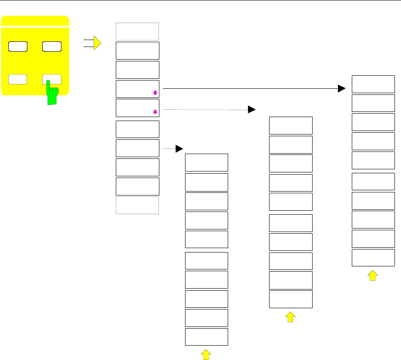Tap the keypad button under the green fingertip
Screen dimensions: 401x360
point(52,80)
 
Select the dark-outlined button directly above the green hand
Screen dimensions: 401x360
point(52,46)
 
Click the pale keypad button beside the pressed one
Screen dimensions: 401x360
point(18,80)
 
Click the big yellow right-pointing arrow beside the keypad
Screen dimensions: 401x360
point(97,43)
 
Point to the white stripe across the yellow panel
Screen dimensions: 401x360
point(35,27)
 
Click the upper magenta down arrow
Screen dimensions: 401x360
point(155,92)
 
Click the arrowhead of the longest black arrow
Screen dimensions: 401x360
point(342,89)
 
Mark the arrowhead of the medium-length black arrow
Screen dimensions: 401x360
point(252,109)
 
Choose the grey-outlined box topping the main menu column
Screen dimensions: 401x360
point(137,32)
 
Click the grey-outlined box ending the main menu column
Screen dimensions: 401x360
point(137,205)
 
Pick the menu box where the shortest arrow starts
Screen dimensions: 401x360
point(137,148)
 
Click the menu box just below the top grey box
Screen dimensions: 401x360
point(137,50)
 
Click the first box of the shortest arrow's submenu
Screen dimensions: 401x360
point(206,162)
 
